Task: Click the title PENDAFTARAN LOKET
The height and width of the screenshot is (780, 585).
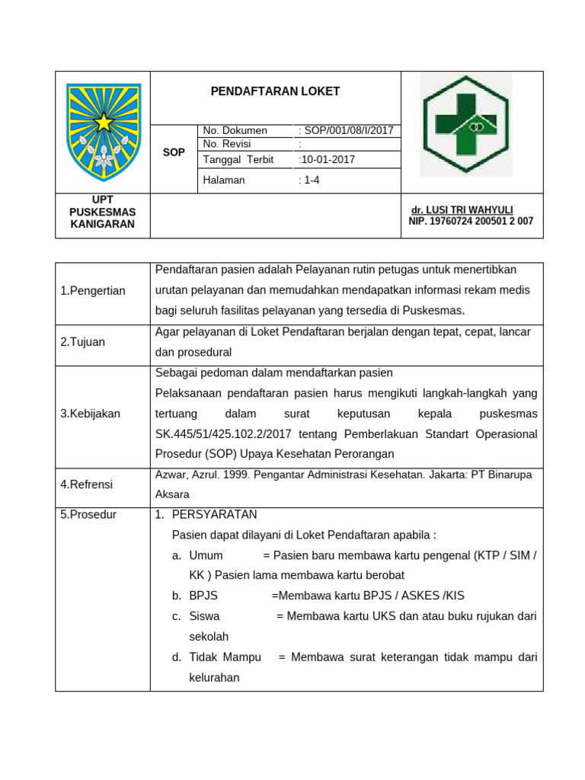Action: coord(275,91)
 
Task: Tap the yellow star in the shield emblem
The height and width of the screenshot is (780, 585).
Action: coord(103,121)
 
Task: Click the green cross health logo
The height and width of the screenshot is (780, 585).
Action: coord(466,125)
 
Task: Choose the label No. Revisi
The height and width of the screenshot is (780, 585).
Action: coord(227,144)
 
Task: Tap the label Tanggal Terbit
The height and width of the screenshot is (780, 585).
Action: coord(238,159)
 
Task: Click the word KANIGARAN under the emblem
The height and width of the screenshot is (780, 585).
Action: coord(102,224)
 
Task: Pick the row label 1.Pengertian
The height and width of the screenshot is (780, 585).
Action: coord(93,290)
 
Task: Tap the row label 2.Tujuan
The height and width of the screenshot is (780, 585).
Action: coord(83,342)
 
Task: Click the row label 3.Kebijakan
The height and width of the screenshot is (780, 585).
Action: coord(90,414)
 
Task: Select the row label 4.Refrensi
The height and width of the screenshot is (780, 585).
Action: coord(88,484)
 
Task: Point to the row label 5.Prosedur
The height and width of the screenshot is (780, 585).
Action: coord(88,514)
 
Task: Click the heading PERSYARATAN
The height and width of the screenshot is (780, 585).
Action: coord(214,514)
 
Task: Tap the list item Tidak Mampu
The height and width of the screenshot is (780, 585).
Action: coord(225,657)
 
